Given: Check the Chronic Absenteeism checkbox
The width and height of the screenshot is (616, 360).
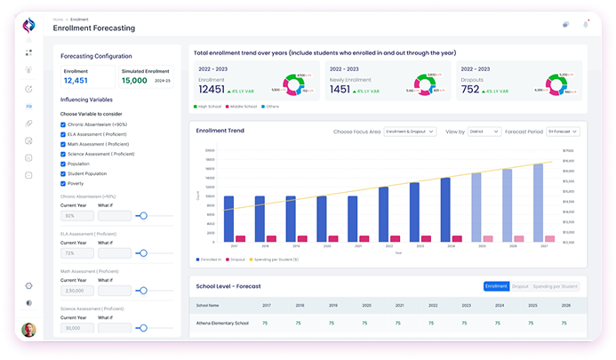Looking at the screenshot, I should [x=62, y=124].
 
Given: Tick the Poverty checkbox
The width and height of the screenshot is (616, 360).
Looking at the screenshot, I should [x=62, y=183].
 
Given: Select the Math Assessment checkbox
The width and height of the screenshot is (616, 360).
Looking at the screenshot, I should [x=62, y=144].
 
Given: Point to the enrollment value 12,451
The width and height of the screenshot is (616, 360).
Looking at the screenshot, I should [x=76, y=80].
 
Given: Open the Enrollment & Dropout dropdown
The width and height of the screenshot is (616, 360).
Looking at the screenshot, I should [x=410, y=131].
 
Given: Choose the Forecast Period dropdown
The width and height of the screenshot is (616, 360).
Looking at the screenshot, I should [x=564, y=131].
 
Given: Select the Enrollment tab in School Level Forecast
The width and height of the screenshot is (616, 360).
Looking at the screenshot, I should [x=496, y=286].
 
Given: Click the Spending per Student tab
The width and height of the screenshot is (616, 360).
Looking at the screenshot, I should [x=555, y=286].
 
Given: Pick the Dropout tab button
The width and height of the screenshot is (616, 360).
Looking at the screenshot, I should [x=520, y=286].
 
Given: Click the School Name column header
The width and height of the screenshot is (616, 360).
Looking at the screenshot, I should [x=208, y=305].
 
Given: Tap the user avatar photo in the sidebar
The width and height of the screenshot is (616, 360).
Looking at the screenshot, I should [x=29, y=330].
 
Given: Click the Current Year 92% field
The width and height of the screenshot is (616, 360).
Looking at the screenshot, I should [x=76, y=215].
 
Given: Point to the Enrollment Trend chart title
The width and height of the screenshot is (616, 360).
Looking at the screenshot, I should [x=220, y=131].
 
